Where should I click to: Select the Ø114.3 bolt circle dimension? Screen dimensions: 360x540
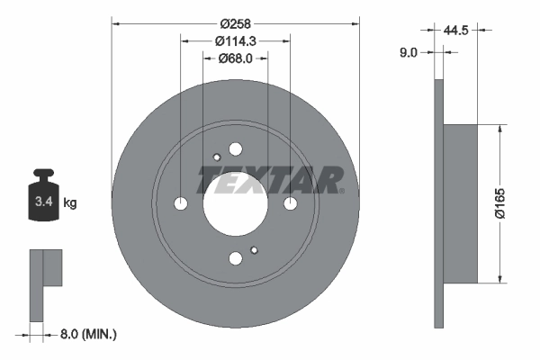[235, 40]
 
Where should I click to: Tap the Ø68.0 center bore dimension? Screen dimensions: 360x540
[235, 58]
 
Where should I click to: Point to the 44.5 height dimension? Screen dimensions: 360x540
[459, 31]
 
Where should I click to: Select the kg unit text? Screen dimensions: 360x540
[70, 203]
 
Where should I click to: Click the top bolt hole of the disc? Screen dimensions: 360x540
[236, 149]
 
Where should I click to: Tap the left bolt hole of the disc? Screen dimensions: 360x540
[180, 204]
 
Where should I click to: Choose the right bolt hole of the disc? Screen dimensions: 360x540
[291, 204]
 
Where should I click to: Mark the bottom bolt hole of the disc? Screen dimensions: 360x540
[236, 259]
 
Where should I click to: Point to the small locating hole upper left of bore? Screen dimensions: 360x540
[216, 158]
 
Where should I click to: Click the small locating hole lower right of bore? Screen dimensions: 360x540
[255, 250]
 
